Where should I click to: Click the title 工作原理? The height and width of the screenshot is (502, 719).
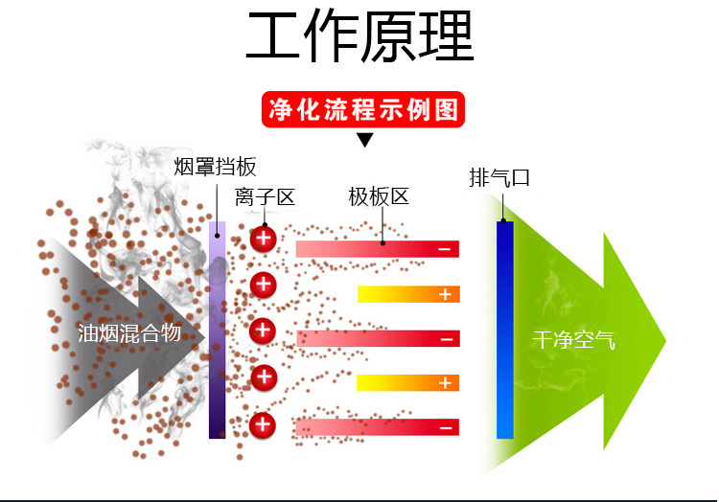pyautogui.click(x=359, y=38)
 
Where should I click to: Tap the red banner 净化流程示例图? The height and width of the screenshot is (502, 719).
pyautogui.click(x=362, y=110)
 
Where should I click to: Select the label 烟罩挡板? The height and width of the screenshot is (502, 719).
pyautogui.click(x=216, y=167)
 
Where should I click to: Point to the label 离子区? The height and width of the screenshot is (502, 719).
pyautogui.click(x=265, y=198)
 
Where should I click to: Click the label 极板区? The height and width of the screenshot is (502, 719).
pyautogui.click(x=379, y=197)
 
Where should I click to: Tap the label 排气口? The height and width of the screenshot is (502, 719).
pyautogui.click(x=499, y=178)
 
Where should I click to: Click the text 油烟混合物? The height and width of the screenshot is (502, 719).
pyautogui.click(x=128, y=332)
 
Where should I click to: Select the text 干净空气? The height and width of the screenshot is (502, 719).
pyautogui.click(x=573, y=339)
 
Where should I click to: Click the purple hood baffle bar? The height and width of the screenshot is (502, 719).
pyautogui.click(x=217, y=330)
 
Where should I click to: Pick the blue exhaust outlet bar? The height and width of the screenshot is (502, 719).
pyautogui.click(x=505, y=330)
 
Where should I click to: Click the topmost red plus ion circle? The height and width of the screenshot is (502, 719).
pyautogui.click(x=264, y=239)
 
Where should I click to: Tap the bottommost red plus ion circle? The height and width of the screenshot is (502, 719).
pyautogui.click(x=264, y=424)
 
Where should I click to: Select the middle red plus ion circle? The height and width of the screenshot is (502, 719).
pyautogui.click(x=264, y=331)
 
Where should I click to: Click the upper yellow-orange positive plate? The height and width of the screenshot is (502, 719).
pyautogui.click(x=408, y=294)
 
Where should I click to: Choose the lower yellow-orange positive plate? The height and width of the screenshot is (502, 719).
pyautogui.click(x=408, y=383)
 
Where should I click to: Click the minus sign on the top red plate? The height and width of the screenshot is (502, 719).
pyautogui.click(x=445, y=250)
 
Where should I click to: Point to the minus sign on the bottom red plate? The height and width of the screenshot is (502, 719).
pyautogui.click(x=445, y=427)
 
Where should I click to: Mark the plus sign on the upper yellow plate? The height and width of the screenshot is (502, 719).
pyautogui.click(x=445, y=294)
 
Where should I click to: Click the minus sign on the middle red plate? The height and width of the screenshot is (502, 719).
pyautogui.click(x=445, y=339)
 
